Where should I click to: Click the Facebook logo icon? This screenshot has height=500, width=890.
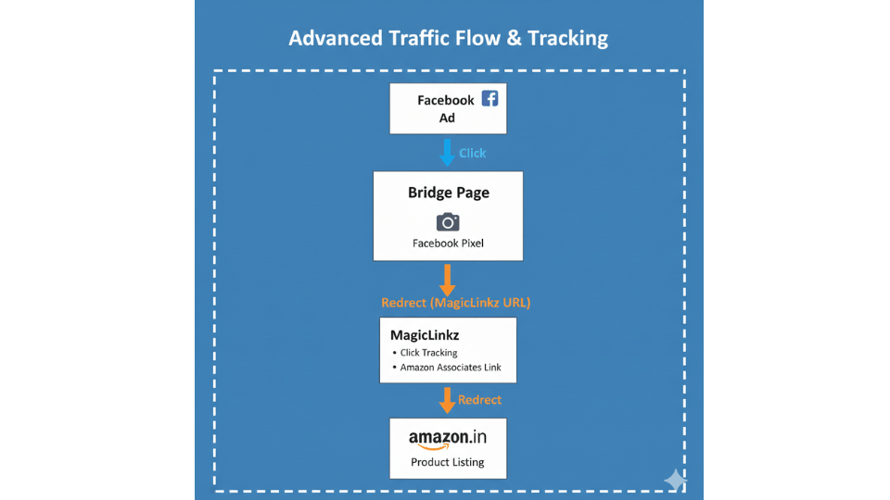pyautogui.click(x=489, y=97)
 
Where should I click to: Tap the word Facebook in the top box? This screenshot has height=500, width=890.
pyautogui.click(x=445, y=100)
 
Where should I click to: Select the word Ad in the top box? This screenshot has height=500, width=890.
pyautogui.click(x=448, y=119)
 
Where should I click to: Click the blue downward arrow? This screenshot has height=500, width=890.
pyautogui.click(x=447, y=152)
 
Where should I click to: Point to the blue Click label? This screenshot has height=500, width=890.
pyautogui.click(x=472, y=153)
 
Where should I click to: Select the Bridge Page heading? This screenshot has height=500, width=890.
pyautogui.click(x=448, y=193)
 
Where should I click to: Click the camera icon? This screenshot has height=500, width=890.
pyautogui.click(x=448, y=221)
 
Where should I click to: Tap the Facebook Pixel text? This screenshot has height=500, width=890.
pyautogui.click(x=448, y=244)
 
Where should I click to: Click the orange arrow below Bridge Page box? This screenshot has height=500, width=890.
pyautogui.click(x=448, y=280)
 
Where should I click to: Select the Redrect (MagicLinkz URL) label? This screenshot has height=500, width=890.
pyautogui.click(x=448, y=303)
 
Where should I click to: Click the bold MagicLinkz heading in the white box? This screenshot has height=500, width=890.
pyautogui.click(x=425, y=334)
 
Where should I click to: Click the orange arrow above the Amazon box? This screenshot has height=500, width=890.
pyautogui.click(x=448, y=400)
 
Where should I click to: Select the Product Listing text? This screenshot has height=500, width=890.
pyautogui.click(x=448, y=462)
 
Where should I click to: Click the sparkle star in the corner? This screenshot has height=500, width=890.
pyautogui.click(x=675, y=480)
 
